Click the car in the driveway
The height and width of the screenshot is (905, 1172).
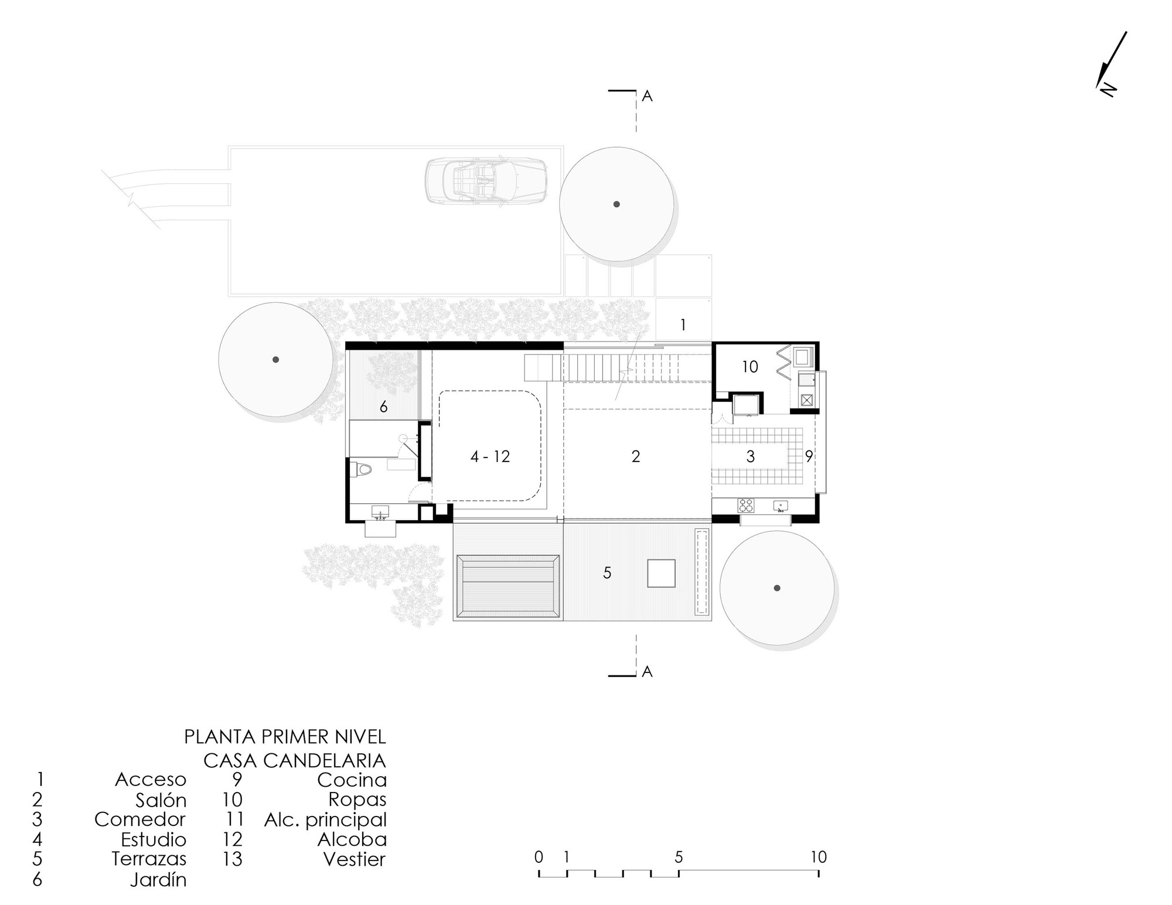(x=486, y=182)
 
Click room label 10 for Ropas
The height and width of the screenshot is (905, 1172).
(x=750, y=367)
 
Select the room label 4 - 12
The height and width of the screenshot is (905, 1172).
(x=490, y=456)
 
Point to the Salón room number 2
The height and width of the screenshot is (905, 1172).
(x=636, y=456)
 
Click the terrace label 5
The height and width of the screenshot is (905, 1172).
(x=607, y=573)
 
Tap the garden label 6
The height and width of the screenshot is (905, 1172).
(x=384, y=407)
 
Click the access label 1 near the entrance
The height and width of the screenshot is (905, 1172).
(x=683, y=325)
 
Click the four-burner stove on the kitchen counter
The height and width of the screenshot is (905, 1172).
(x=745, y=504)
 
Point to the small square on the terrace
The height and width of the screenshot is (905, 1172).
(x=661, y=573)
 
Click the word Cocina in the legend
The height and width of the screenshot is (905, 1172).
(x=352, y=780)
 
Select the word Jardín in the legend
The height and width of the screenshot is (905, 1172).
(x=158, y=880)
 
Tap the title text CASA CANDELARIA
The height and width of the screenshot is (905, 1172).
(x=294, y=760)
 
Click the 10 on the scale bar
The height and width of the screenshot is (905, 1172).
(x=818, y=857)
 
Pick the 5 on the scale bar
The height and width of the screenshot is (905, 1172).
(x=679, y=857)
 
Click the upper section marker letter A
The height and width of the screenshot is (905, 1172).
(x=647, y=97)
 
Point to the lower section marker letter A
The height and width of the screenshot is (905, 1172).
(x=647, y=672)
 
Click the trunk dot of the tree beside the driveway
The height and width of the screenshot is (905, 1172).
(x=616, y=204)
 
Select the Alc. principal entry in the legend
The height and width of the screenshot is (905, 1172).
(x=325, y=819)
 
